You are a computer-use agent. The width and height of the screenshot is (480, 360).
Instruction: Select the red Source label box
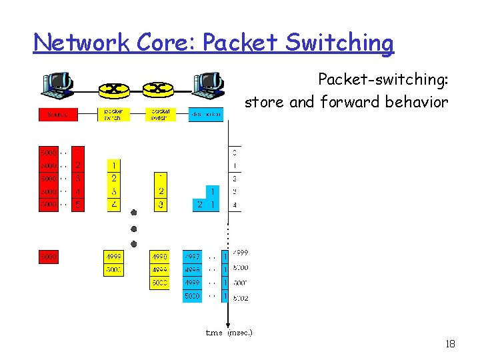pos(57,115)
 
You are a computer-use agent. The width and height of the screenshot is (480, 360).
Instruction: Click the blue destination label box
pos(206,115)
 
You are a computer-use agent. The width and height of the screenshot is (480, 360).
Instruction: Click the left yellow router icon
pos(114,89)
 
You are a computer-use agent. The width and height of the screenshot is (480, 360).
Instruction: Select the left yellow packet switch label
pos(113,115)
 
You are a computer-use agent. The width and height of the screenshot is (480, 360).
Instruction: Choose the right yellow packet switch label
pos(161,115)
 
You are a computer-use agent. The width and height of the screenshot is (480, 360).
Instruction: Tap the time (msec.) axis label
pos(229,331)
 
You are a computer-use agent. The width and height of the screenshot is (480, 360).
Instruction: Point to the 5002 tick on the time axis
pos(240,298)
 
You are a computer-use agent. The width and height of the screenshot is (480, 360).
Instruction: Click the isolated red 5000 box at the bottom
pos(48,257)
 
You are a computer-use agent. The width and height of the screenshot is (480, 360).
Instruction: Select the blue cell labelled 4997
pos(192,257)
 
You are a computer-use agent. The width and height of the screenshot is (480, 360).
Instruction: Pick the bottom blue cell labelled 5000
pos(192,295)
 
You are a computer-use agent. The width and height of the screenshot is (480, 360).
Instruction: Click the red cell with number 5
pos(78,205)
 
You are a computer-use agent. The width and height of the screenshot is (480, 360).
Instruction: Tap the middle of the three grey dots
pos(133,228)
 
